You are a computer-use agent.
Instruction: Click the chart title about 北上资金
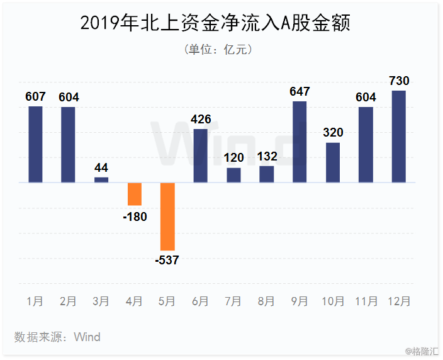pyautogui.click(x=215, y=23)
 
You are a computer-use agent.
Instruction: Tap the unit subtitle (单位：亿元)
pyautogui.click(x=218, y=50)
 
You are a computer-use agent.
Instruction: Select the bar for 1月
pyautogui.click(x=36, y=144)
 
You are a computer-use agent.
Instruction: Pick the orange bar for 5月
pyautogui.click(x=167, y=217)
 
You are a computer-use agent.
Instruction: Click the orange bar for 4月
pyautogui.click(x=135, y=194)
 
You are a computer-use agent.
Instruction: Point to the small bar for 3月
pyautogui.click(x=101, y=180)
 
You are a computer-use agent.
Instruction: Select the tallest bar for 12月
pyautogui.click(x=399, y=137)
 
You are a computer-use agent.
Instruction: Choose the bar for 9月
pyautogui.click(x=300, y=142)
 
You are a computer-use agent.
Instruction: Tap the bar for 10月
pyautogui.click(x=333, y=162)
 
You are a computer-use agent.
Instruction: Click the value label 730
pyautogui.click(x=399, y=81)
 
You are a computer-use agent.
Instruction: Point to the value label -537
pyautogui.click(x=167, y=260)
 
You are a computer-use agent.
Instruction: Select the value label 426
pyautogui.click(x=201, y=119)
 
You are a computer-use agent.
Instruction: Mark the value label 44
pyautogui.click(x=101, y=168)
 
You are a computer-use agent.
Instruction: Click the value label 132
pyautogui.click(x=267, y=157)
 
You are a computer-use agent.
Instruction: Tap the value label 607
pyautogui.click(x=35, y=97)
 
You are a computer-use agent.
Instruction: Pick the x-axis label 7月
pyautogui.click(x=233, y=301)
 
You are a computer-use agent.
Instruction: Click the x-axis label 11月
pyautogui.click(x=366, y=301)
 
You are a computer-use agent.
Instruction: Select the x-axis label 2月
pyautogui.click(x=68, y=301)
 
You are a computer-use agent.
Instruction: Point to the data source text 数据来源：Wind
pyautogui.click(x=57, y=337)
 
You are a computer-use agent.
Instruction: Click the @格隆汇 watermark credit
pyautogui.click(x=422, y=351)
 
